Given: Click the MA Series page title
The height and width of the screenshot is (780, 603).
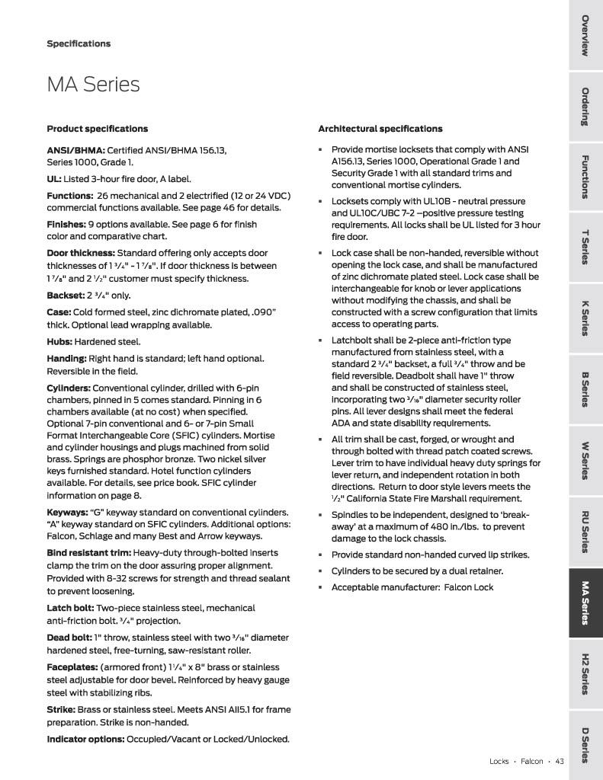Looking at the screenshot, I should (x=94, y=85).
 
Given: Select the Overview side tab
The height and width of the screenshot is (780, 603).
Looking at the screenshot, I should (x=585, y=35).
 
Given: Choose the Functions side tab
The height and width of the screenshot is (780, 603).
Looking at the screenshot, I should (x=585, y=176).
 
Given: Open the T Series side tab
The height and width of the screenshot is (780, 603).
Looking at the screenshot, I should (x=585, y=246).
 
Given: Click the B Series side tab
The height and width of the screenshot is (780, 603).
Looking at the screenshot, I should (x=585, y=388).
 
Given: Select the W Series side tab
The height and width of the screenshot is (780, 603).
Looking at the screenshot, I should (x=585, y=459).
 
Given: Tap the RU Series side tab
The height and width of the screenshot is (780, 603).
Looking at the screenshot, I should (x=585, y=531).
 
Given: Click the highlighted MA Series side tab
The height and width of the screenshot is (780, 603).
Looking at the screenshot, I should (x=585, y=603).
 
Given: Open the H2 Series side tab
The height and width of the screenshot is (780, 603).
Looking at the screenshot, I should (x=585, y=673).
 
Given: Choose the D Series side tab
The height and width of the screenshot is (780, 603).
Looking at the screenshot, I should (x=585, y=745).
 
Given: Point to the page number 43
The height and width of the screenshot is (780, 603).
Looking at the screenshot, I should (x=559, y=760).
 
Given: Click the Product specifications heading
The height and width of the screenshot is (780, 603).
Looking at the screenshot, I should (x=97, y=129).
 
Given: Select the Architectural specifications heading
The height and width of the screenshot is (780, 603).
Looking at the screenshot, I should (x=380, y=129).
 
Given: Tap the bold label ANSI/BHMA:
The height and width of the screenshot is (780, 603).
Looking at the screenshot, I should (x=75, y=149).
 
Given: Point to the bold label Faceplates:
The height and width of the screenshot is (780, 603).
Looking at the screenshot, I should (x=72, y=666).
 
